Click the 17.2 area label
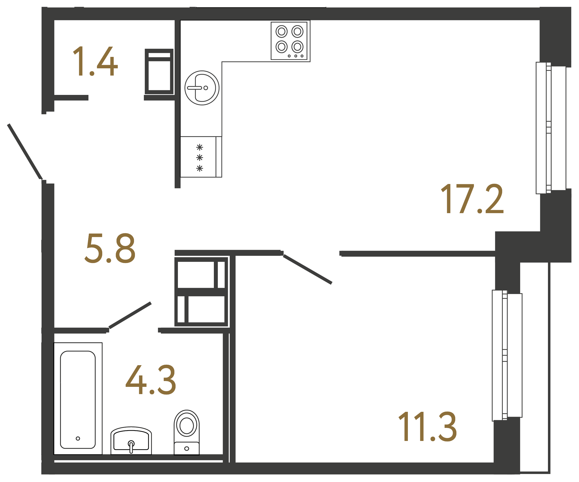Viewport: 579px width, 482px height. tap(472, 199)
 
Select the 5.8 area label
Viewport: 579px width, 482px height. tap(110, 248)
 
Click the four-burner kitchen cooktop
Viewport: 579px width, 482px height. tap(289, 41)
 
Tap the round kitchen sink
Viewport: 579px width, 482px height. tap(202, 88)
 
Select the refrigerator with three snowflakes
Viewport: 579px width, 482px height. tap(201, 157)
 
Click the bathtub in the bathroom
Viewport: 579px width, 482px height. tap(78, 400)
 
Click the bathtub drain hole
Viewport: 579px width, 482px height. tap(78, 438)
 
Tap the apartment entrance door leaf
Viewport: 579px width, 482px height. tap(25, 152)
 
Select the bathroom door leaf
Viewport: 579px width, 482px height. tap(130, 315)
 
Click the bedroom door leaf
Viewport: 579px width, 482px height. tap(307, 269)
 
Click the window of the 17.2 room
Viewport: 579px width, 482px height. tap(551, 128)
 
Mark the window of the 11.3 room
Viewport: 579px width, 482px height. tap(507, 355)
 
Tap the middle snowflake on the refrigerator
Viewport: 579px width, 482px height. tap(200, 158)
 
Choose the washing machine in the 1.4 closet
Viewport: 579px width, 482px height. tap(159, 72)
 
